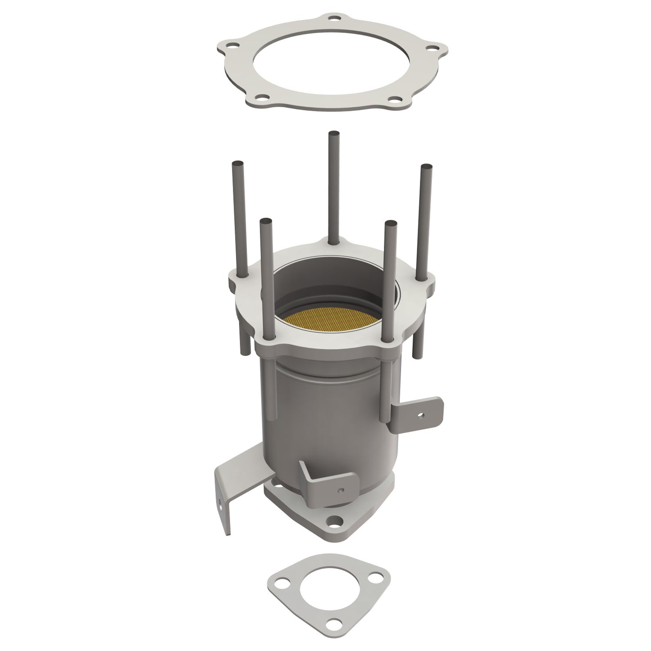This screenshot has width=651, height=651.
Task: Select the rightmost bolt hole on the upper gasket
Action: (x=432, y=46)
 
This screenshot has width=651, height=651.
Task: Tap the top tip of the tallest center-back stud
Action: (x=333, y=134)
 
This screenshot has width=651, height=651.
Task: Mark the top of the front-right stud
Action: (x=391, y=223)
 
